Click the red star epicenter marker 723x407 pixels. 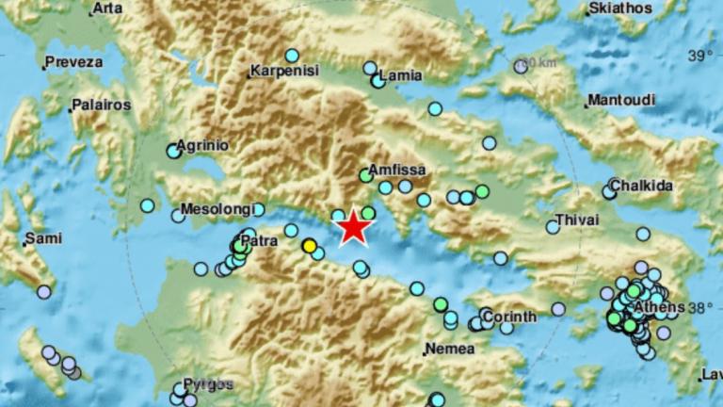(x=353, y=227)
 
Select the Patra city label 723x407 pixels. (x=257, y=242)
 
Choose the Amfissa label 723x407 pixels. (x=397, y=171)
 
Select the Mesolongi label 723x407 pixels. (x=214, y=209)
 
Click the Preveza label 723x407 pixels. (x=73, y=62)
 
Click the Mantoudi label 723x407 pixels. (x=618, y=101)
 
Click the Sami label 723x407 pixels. (x=43, y=238)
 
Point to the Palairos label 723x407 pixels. (x=101, y=105)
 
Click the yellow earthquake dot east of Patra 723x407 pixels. (x=309, y=246)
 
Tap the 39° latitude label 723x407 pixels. (x=699, y=56)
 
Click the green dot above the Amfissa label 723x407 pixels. (x=366, y=175)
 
